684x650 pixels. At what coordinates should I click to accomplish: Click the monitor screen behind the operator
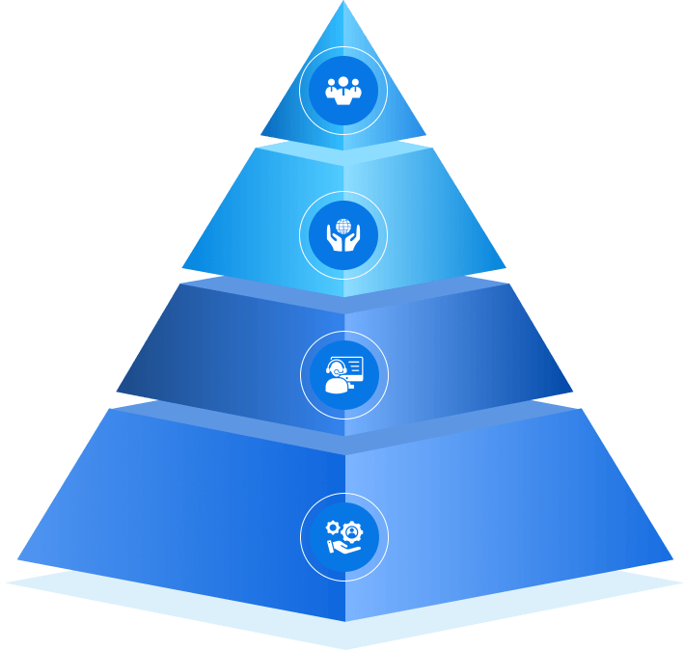(352, 367)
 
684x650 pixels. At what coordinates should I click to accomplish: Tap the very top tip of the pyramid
(343, 2)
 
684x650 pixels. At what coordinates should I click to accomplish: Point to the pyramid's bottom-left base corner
(17, 560)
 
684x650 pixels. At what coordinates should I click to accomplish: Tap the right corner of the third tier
(573, 393)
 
